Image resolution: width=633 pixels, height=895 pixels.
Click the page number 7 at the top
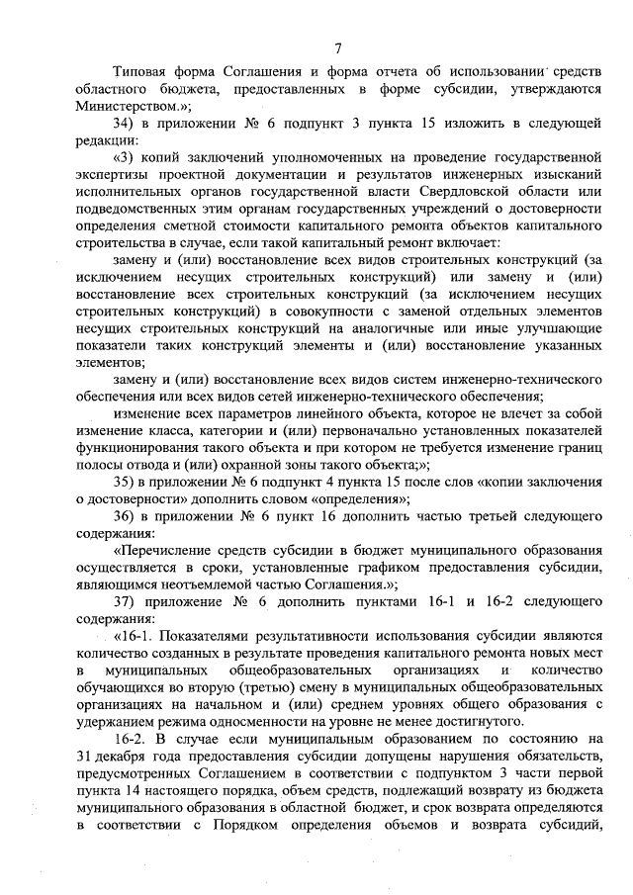338,46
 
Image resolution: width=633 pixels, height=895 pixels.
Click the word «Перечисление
170,550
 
